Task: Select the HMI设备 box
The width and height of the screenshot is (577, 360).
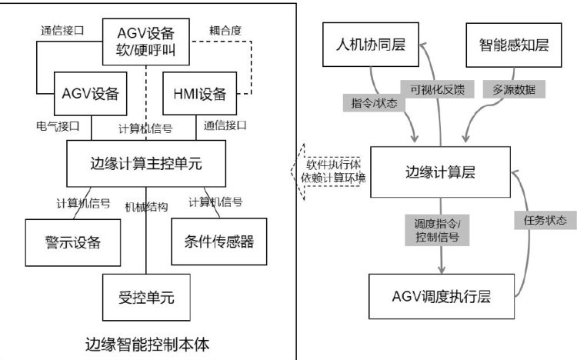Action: click(x=201, y=94)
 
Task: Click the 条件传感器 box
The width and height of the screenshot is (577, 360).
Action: click(x=209, y=242)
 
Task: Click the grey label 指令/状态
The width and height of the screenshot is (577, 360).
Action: click(x=375, y=102)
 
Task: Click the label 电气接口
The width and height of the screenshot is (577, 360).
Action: click(x=58, y=124)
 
